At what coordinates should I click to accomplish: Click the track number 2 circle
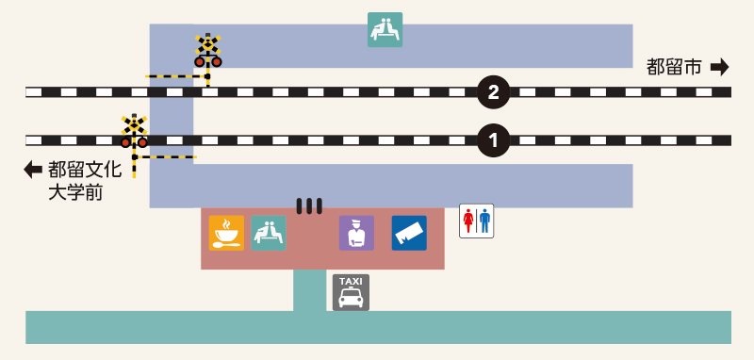pyautogui.click(x=493, y=92)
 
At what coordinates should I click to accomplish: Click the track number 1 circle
pyautogui.click(x=493, y=140)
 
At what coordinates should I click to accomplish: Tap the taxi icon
pyautogui.click(x=351, y=292)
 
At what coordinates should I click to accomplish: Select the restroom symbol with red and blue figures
pyautogui.click(x=477, y=221)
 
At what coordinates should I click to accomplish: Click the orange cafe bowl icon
pyautogui.click(x=226, y=233)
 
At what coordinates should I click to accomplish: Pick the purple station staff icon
pyautogui.click(x=356, y=233)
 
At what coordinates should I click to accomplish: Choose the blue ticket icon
pyautogui.click(x=409, y=233)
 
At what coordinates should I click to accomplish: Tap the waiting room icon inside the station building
pyautogui.click(x=269, y=233)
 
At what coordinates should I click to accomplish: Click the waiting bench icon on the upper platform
pyautogui.click(x=385, y=30)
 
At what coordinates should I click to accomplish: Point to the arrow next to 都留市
pyautogui.click(x=720, y=67)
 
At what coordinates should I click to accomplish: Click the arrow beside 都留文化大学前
pyautogui.click(x=33, y=170)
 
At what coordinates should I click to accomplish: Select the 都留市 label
pyautogui.click(x=674, y=67)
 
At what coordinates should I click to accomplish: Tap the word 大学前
pyautogui.click(x=75, y=193)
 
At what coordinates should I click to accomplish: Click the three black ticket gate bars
pyautogui.click(x=309, y=206)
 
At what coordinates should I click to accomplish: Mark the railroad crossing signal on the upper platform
pyautogui.click(x=207, y=51)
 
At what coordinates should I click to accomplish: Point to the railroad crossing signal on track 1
pyautogui.click(x=134, y=132)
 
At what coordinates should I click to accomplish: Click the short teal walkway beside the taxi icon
pyautogui.click(x=310, y=290)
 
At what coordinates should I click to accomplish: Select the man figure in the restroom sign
pyautogui.click(x=484, y=221)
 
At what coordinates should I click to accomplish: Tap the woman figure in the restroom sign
pyautogui.click(x=468, y=221)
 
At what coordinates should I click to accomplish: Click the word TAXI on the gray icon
pyautogui.click(x=351, y=281)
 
